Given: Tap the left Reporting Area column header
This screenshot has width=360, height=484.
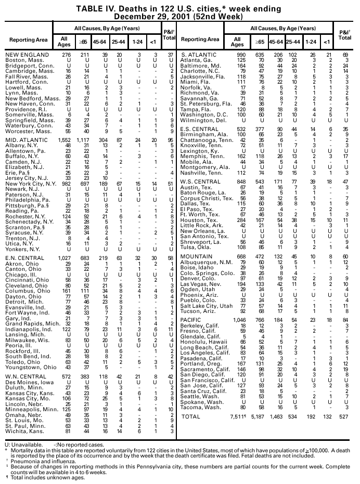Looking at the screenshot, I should (x=25, y=40).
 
